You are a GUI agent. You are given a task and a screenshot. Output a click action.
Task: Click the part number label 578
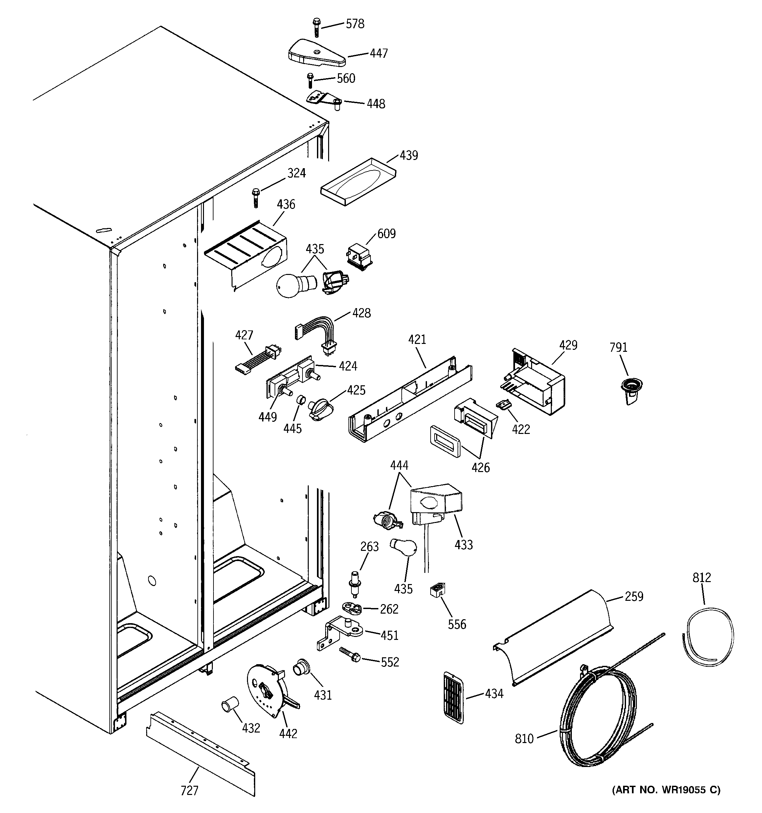(x=355, y=24)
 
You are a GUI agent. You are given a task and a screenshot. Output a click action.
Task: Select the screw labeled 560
(x=310, y=80)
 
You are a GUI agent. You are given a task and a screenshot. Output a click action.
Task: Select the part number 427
(x=244, y=335)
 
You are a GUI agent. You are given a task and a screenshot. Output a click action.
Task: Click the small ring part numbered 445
(x=301, y=399)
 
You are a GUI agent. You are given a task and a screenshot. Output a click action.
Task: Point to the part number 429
(x=568, y=346)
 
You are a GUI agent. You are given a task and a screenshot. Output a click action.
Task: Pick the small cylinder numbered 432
(x=230, y=706)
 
